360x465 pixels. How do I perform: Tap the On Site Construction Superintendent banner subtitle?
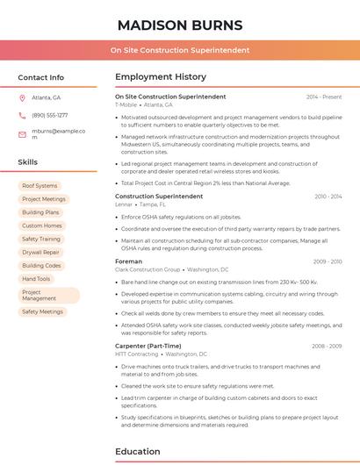click(x=179, y=50)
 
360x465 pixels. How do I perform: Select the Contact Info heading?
click(x=41, y=77)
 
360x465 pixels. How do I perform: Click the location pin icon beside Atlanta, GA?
click(x=22, y=97)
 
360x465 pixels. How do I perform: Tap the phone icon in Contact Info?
click(x=22, y=115)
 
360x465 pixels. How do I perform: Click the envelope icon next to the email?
click(x=22, y=134)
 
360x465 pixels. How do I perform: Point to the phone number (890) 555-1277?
click(x=49, y=115)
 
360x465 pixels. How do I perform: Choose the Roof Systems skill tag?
click(x=40, y=186)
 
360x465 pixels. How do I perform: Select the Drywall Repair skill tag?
click(x=40, y=252)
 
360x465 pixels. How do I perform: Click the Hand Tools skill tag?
click(x=36, y=279)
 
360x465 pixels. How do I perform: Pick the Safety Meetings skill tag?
click(x=42, y=311)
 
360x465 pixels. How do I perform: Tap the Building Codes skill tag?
click(x=41, y=265)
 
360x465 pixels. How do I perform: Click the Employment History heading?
click(x=161, y=77)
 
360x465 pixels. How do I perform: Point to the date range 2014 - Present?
click(x=324, y=97)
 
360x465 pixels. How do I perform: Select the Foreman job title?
click(x=128, y=261)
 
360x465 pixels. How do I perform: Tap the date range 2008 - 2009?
click(x=326, y=347)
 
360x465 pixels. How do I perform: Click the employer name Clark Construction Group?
click(x=148, y=269)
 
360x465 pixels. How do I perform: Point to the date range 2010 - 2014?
click(x=328, y=197)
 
